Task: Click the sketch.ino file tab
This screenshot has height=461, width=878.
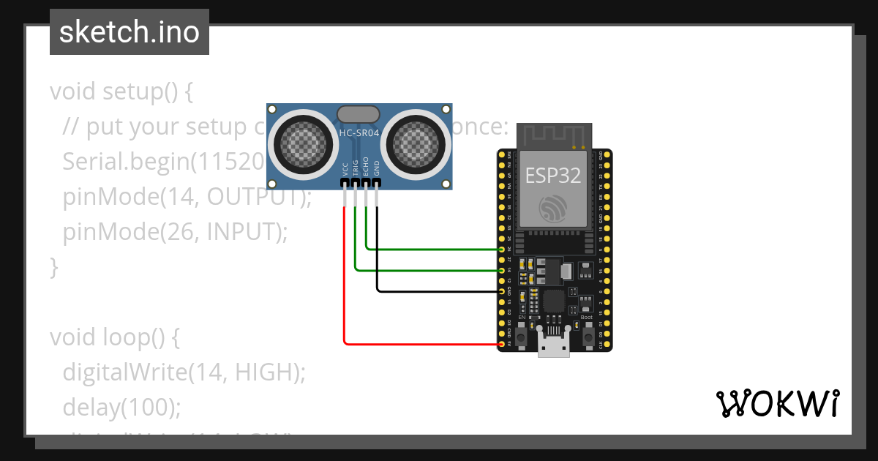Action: click(x=129, y=32)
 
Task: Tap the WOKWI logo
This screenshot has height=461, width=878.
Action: click(x=776, y=403)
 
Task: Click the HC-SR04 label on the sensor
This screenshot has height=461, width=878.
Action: click(x=359, y=132)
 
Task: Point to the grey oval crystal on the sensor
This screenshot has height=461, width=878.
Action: click(x=358, y=113)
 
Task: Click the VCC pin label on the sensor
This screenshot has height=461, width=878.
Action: click(x=345, y=168)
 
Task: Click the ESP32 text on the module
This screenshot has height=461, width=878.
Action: click(x=554, y=175)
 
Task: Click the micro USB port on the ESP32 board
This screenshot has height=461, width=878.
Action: click(x=554, y=342)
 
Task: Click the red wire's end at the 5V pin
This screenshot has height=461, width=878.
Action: click(x=502, y=343)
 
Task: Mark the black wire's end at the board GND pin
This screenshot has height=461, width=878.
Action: click(x=502, y=291)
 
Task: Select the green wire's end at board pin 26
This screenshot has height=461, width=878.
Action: click(x=502, y=250)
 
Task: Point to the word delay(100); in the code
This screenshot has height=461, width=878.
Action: click(x=121, y=407)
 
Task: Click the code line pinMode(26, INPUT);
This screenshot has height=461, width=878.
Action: click(x=176, y=232)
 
